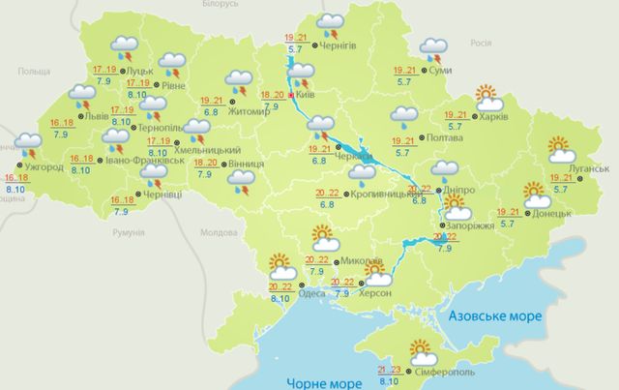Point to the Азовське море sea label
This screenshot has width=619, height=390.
493,317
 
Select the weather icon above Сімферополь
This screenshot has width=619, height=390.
421,349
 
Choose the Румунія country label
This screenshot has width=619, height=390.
128,233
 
